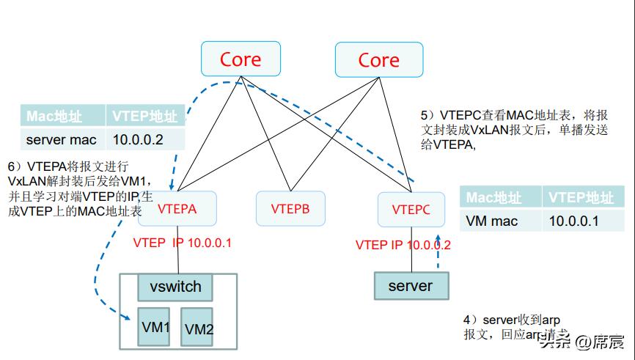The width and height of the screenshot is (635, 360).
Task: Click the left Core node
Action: coord(240,59)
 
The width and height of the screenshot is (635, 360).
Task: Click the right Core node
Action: coord(378,59)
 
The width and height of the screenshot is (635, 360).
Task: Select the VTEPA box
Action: coord(177,209)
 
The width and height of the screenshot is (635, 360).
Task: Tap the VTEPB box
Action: coord(290,209)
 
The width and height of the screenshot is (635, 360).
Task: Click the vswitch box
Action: coord(175,287)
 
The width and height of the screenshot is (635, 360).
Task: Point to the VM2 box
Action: coord(199,330)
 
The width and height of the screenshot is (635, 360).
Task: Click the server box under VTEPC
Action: coord(410,285)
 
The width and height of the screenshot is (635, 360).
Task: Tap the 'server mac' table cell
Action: coord(62,139)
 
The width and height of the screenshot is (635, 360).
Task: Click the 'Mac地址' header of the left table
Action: coord(62,117)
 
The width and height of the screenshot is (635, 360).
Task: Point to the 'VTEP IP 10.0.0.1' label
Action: coord(182,243)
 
